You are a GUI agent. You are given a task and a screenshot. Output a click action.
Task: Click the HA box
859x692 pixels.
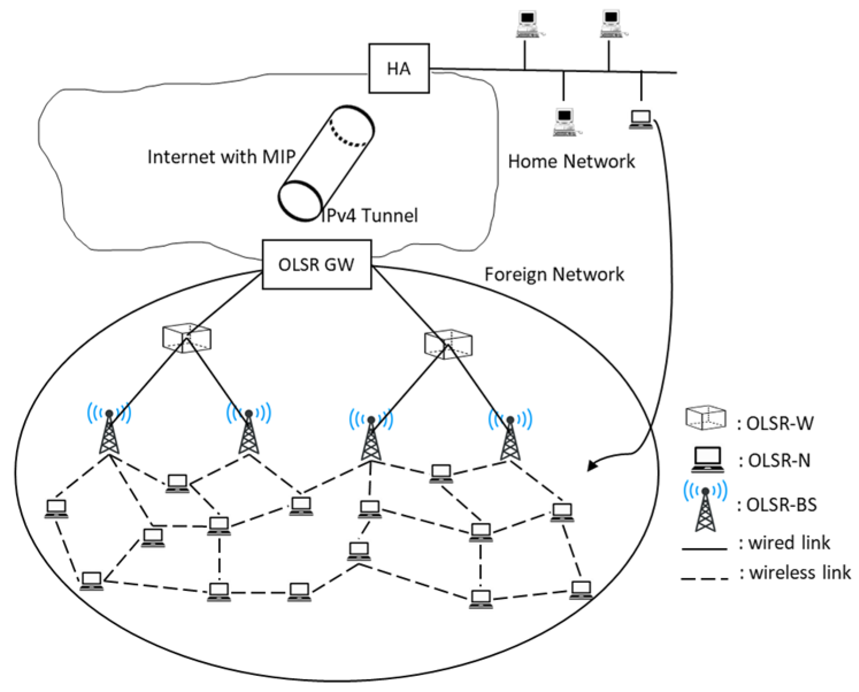(x=398, y=68)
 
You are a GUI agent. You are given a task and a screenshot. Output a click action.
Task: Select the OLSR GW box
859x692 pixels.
(x=317, y=264)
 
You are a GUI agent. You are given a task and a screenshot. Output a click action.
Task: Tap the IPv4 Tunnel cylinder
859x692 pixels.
(x=326, y=163)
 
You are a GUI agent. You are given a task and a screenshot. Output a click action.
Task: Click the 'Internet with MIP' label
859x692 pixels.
(x=221, y=157)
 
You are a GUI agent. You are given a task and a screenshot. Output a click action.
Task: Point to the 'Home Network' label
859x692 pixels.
(x=571, y=162)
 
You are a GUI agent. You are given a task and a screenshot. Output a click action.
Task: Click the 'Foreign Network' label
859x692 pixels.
(x=554, y=274)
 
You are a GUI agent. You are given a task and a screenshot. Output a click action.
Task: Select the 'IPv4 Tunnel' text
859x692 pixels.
(x=369, y=216)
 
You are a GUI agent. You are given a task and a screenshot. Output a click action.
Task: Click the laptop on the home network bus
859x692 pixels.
(x=640, y=120)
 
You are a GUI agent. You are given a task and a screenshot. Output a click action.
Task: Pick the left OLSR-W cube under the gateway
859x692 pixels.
(x=186, y=339)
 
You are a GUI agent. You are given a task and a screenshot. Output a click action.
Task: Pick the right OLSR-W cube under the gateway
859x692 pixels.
(x=448, y=344)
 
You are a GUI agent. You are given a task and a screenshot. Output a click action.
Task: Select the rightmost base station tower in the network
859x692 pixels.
(x=510, y=436)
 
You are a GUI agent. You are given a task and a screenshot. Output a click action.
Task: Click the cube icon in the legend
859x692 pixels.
(x=705, y=418)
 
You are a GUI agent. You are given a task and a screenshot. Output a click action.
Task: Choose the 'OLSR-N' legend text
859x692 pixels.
(x=774, y=460)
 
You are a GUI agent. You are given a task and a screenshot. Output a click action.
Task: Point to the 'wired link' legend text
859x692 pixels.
(x=784, y=543)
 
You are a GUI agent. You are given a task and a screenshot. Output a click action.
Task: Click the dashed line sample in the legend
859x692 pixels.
(x=704, y=578)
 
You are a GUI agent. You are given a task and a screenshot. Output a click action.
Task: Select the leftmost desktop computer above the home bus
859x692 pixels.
(x=526, y=25)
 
